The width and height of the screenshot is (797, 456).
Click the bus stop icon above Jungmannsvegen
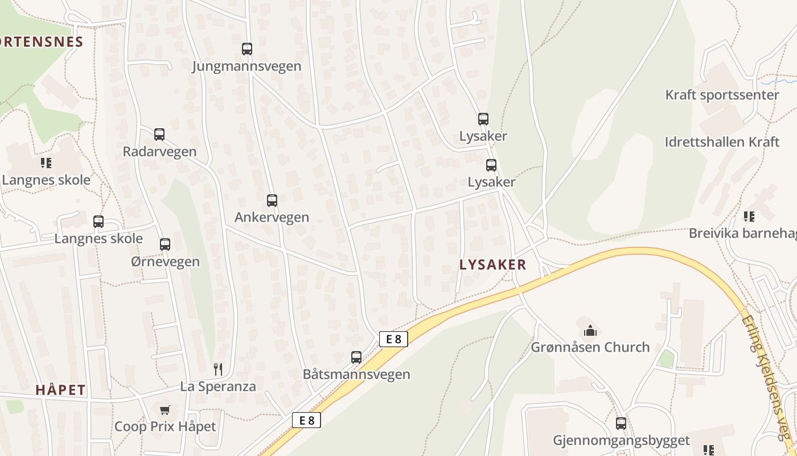(247, 48)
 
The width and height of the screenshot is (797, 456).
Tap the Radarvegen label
(159, 152)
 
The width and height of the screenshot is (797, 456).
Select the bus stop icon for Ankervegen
(272, 200)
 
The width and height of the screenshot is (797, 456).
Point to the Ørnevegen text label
(165, 262)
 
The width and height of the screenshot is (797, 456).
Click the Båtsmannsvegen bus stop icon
(356, 357)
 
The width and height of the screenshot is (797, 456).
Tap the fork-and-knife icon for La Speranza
(218, 369)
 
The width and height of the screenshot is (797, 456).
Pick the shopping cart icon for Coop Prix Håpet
(165, 410)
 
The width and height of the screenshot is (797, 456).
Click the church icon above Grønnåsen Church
(590, 330)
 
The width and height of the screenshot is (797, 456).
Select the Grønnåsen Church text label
(590, 347)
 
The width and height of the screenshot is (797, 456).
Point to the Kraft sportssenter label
(722, 95)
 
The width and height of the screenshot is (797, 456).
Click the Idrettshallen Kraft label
(722, 142)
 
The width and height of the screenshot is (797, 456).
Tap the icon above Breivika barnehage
(749, 216)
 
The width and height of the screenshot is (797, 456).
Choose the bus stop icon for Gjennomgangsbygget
(621, 424)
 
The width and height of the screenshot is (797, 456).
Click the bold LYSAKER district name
(492, 264)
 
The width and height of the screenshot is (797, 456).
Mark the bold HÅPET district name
(61, 390)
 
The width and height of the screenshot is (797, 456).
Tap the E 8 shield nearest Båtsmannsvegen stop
(393, 339)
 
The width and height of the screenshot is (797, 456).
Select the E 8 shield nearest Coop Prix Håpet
(306, 421)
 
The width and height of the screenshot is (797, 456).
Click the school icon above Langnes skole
(46, 163)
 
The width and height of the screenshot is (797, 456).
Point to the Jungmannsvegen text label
(247, 66)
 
